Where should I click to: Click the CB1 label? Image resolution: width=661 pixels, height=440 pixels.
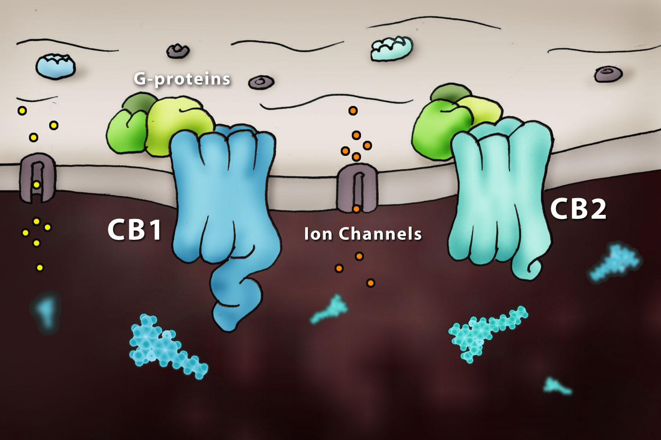coord(134,230)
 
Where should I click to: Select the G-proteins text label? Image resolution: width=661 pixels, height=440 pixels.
coord(182,79)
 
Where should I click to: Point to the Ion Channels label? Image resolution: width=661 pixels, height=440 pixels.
coord(363,234)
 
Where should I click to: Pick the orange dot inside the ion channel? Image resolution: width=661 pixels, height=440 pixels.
coord(356,209)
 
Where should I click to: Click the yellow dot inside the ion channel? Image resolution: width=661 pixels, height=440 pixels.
coord(36,185)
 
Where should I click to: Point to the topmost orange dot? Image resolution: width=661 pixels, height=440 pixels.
coord(353,110)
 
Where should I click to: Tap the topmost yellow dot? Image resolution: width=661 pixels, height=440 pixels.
coord(22,110)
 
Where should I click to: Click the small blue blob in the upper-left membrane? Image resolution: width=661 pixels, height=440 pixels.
coord(55,66)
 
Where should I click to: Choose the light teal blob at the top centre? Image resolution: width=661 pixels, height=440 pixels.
coord(391,48)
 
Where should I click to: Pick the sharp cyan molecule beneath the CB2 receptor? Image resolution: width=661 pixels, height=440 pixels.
coord(485,330)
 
